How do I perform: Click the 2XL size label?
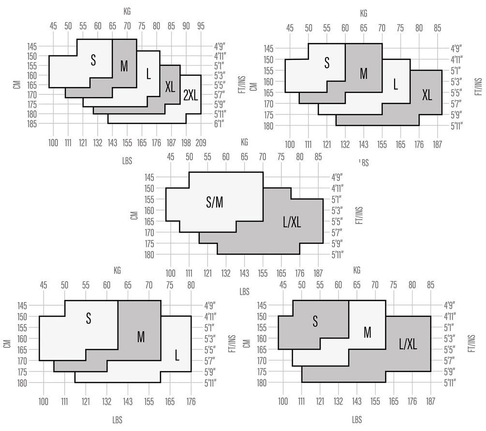click(191, 96)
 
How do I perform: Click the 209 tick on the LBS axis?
click(201, 142)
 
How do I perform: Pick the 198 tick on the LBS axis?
click(186, 142)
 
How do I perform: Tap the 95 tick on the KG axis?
click(201, 26)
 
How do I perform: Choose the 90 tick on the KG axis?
click(186, 26)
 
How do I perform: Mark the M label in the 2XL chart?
click(124, 66)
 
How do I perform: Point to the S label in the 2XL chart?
click(93, 60)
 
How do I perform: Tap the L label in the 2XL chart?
click(148, 74)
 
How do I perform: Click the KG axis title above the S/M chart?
click(245, 142)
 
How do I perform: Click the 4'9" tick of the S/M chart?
click(338, 177)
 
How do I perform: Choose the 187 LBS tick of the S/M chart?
click(318, 272)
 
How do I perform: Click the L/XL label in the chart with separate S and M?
click(408, 344)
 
